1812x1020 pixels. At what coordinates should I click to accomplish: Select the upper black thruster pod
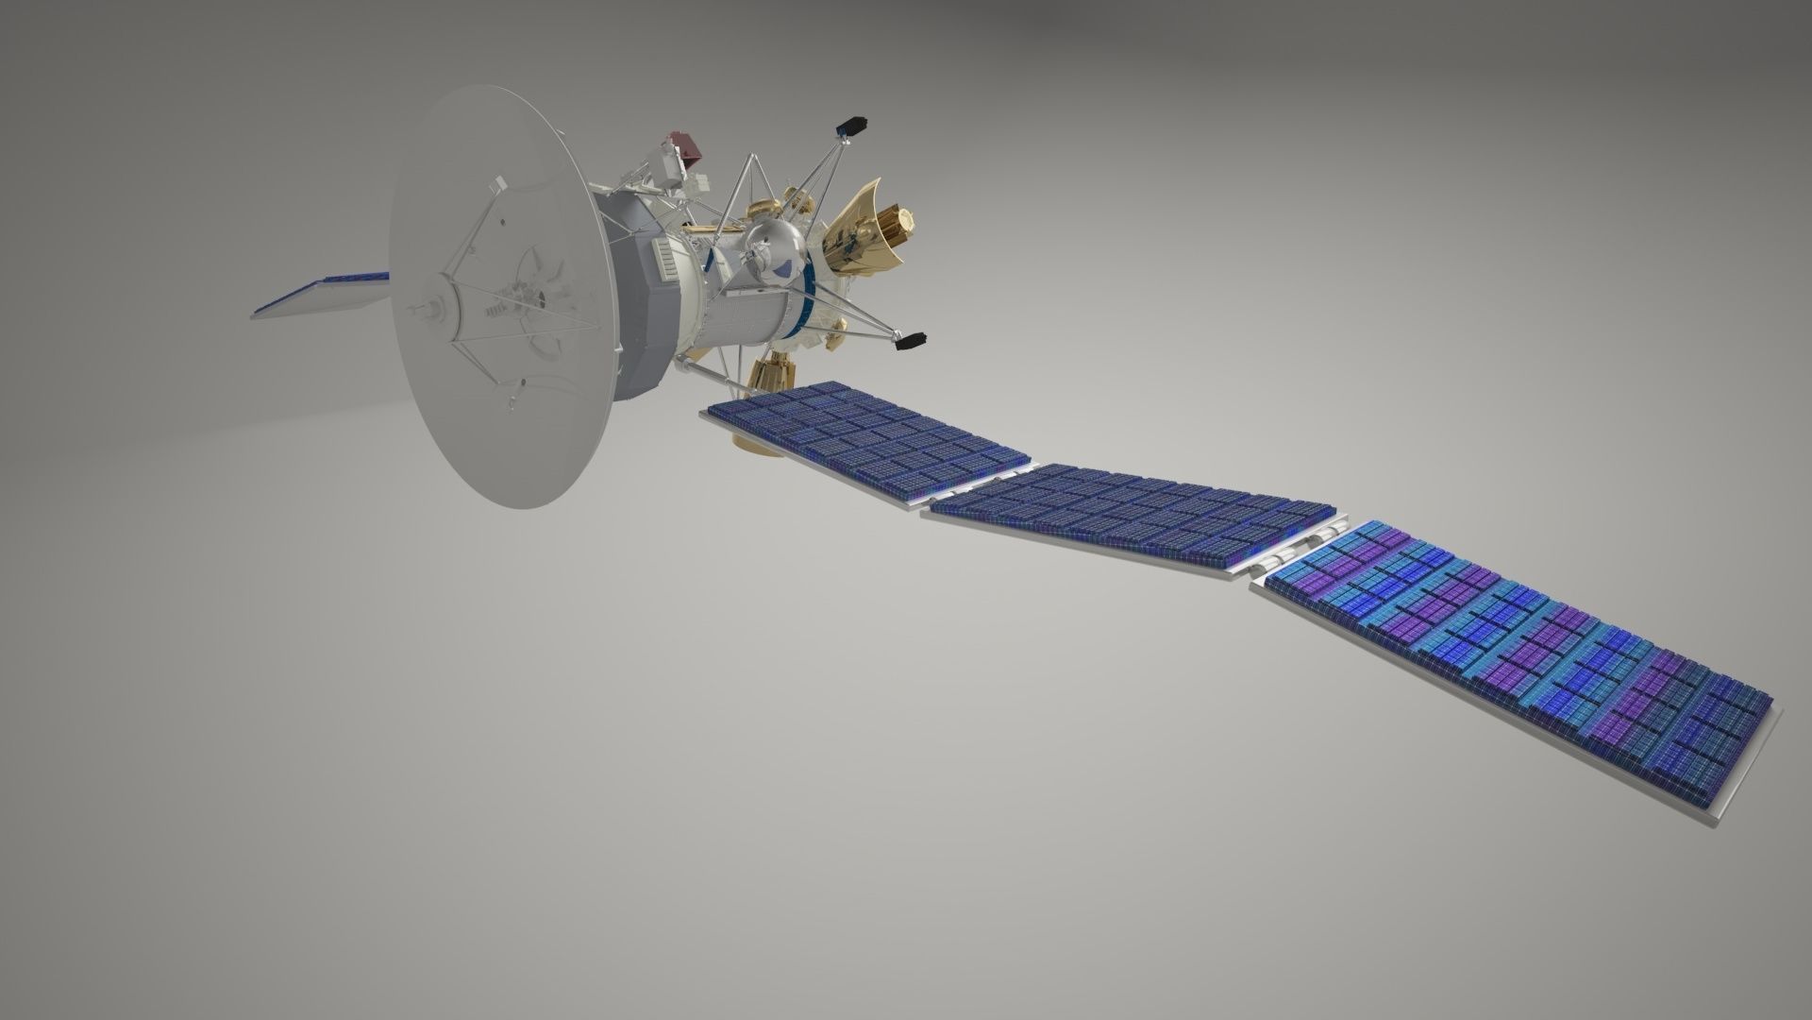[853, 127]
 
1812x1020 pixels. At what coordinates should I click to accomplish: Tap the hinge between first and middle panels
[981, 482]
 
